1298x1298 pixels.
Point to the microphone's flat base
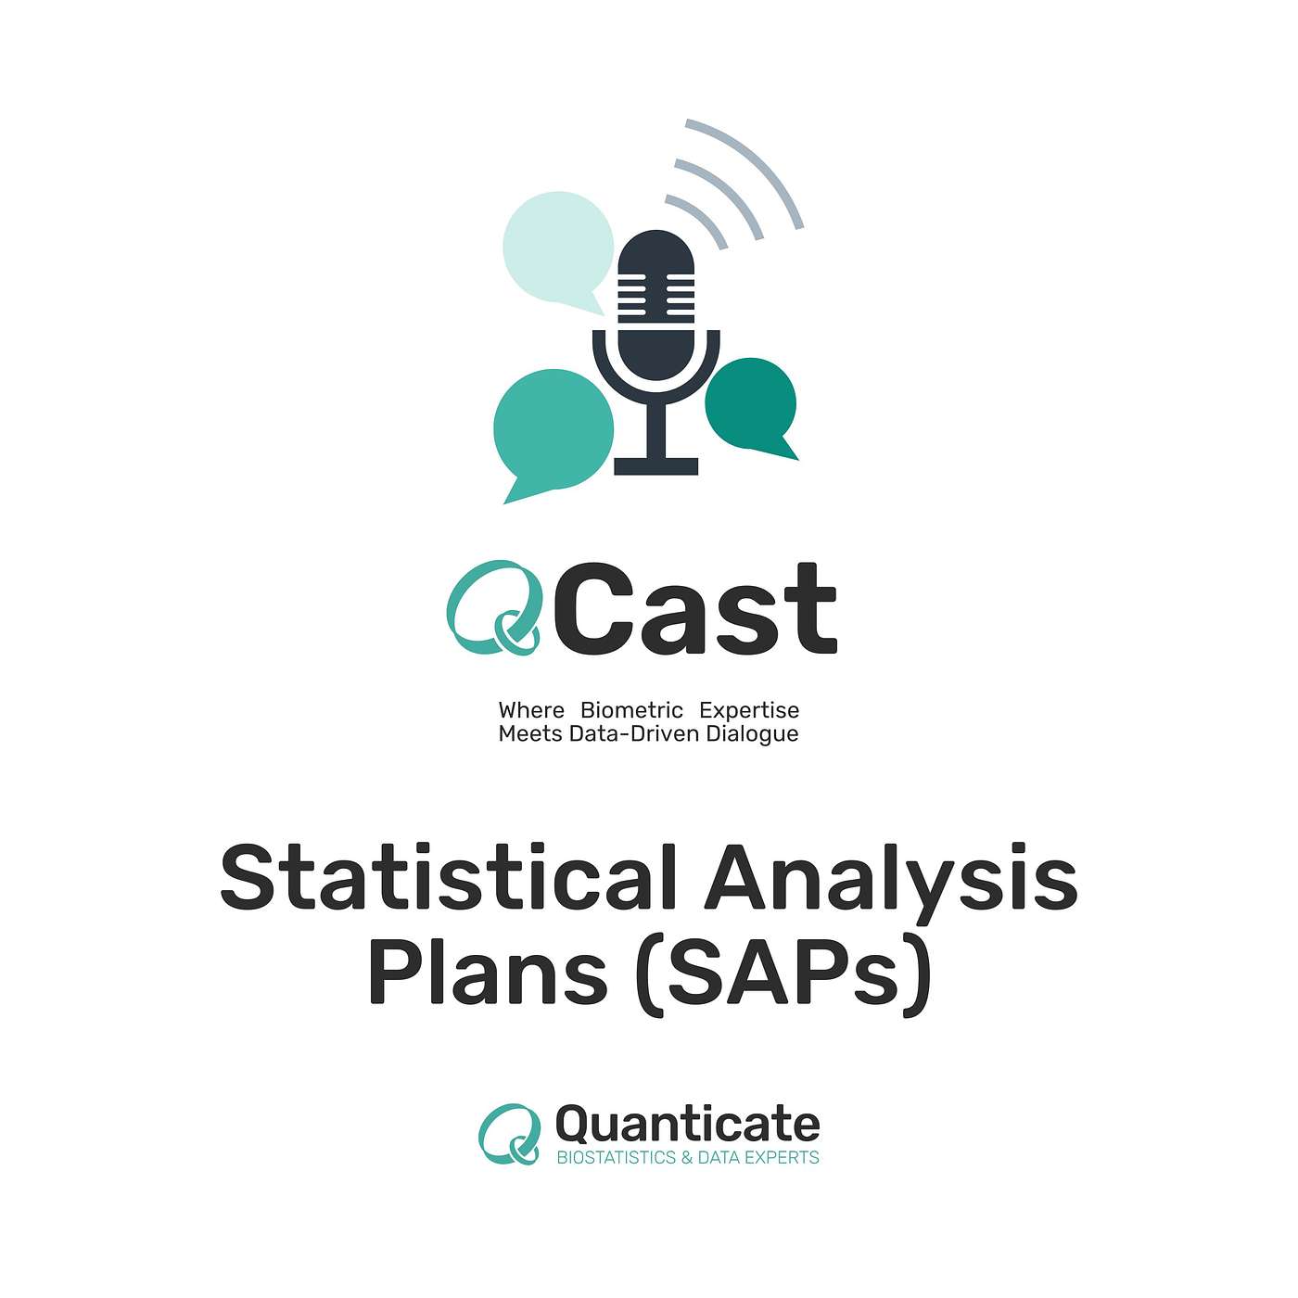tap(655, 466)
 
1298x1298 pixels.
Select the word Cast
tap(698, 608)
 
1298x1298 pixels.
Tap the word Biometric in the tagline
tap(631, 710)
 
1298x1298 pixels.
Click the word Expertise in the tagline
tap(749, 710)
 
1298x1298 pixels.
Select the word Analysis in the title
tap(890, 877)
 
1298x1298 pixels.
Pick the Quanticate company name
tap(687, 1125)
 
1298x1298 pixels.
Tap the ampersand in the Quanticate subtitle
tap(686, 1158)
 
